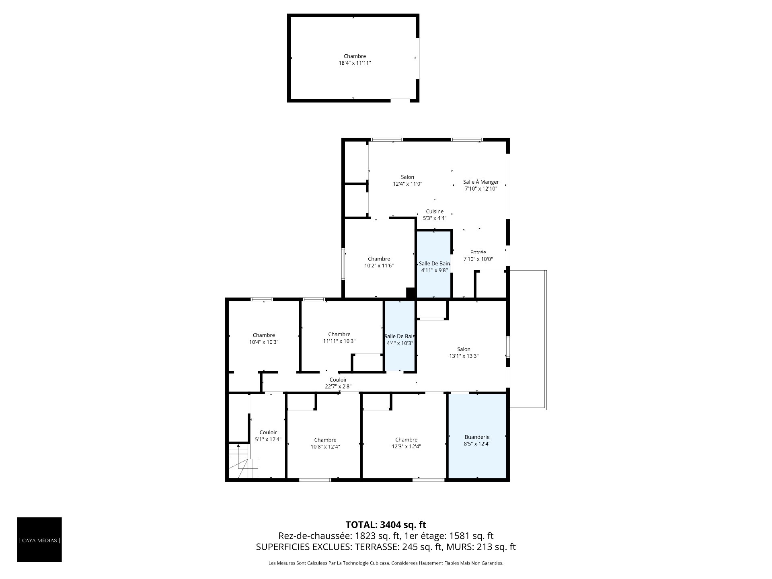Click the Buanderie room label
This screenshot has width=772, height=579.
477,437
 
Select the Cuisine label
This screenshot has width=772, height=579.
435,211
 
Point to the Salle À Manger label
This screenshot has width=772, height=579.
481,182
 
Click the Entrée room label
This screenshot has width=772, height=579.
478,253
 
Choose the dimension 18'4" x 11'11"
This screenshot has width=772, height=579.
355,63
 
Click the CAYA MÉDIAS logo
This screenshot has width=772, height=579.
39,540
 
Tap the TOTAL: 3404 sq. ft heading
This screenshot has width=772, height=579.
386,525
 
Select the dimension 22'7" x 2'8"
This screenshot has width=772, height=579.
338,387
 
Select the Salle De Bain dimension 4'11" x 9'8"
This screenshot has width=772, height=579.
434,271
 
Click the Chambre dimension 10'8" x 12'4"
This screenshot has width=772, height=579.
325,447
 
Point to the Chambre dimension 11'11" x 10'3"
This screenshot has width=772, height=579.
339,341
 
